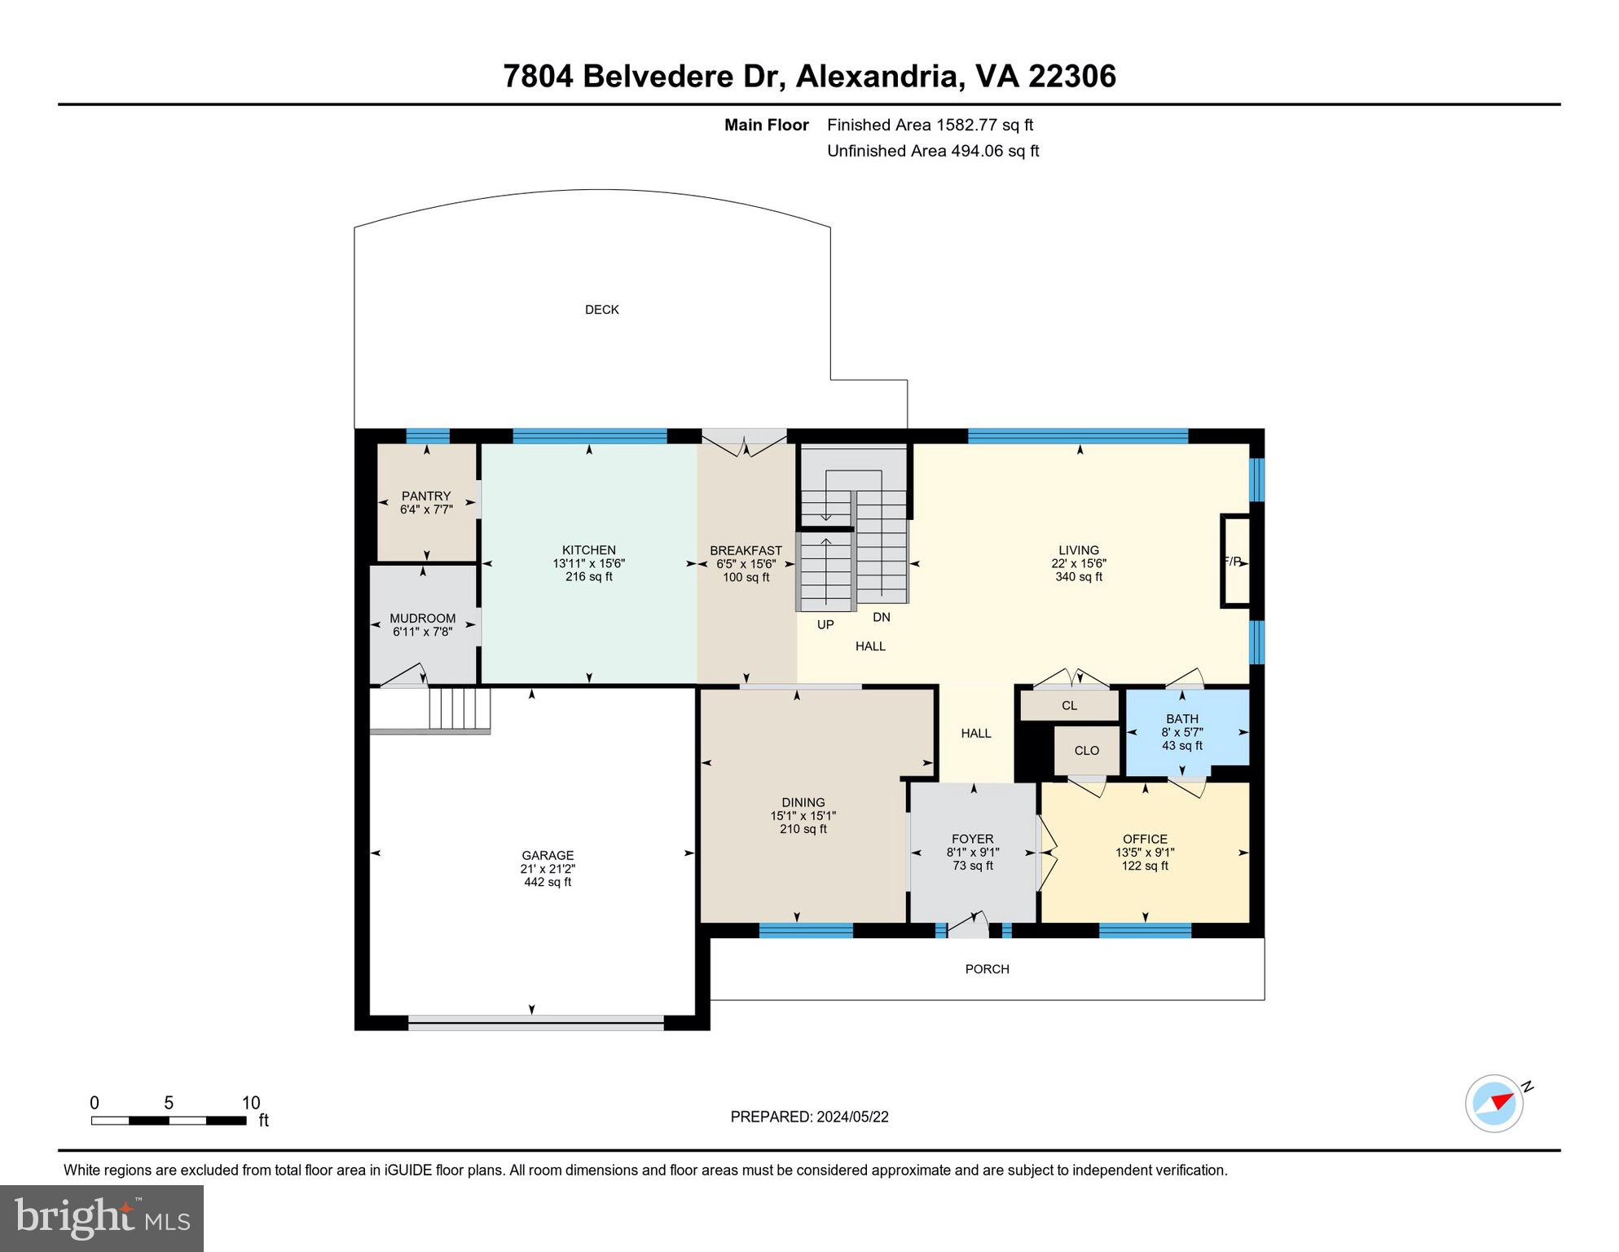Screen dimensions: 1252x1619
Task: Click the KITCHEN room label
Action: click(x=588, y=550)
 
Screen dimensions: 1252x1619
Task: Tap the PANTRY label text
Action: click(x=425, y=496)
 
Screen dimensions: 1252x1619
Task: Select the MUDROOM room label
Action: click(x=422, y=618)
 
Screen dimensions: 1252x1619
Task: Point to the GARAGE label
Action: click(x=548, y=855)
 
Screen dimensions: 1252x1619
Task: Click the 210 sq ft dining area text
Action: click(x=803, y=829)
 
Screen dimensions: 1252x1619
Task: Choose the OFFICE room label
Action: click(x=1145, y=839)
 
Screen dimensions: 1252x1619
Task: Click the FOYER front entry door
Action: click(x=969, y=926)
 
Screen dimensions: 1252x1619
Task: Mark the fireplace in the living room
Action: click(x=1234, y=562)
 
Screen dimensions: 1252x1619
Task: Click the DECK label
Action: click(x=602, y=310)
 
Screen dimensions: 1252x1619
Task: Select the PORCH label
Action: click(x=987, y=969)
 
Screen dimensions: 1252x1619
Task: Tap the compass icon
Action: click(x=1494, y=1104)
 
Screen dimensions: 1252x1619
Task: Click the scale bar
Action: click(x=169, y=1121)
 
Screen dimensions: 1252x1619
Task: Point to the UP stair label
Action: click(x=825, y=625)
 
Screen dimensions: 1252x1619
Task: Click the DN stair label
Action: click(x=882, y=618)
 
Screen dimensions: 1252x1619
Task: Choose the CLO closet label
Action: click(x=1086, y=751)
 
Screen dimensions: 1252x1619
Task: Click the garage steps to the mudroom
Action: click(x=459, y=709)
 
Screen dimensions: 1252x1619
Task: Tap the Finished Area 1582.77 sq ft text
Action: click(x=930, y=125)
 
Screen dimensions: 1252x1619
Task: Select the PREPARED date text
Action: click(x=809, y=1117)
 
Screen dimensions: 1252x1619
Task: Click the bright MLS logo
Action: click(x=102, y=1218)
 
